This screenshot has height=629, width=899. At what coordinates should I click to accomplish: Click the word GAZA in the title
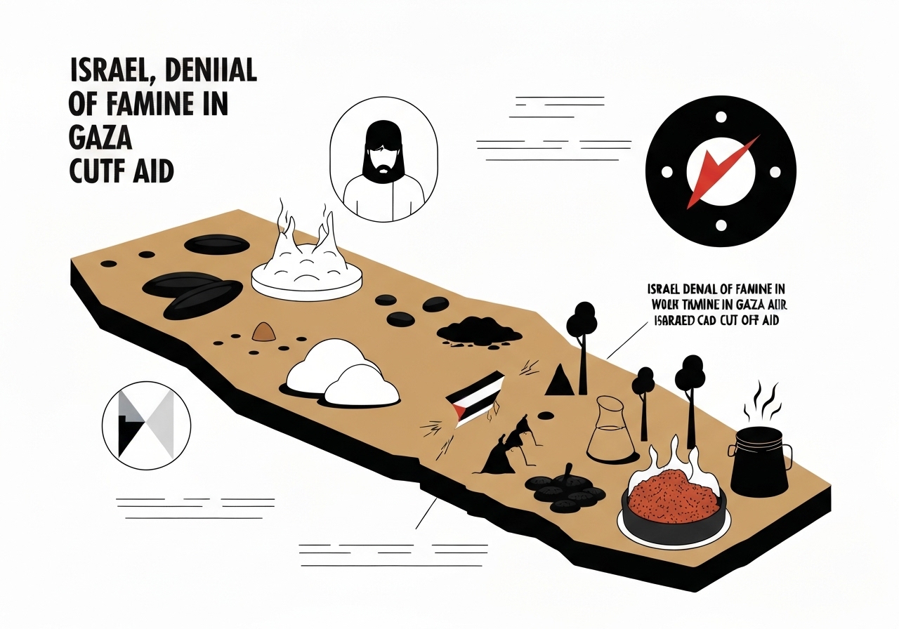click(x=100, y=137)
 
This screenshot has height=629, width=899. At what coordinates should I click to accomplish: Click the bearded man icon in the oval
click(x=383, y=165)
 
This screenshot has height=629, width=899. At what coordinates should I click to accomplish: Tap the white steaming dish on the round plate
click(x=306, y=270)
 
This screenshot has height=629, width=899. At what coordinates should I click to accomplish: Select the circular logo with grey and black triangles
click(x=145, y=425)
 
